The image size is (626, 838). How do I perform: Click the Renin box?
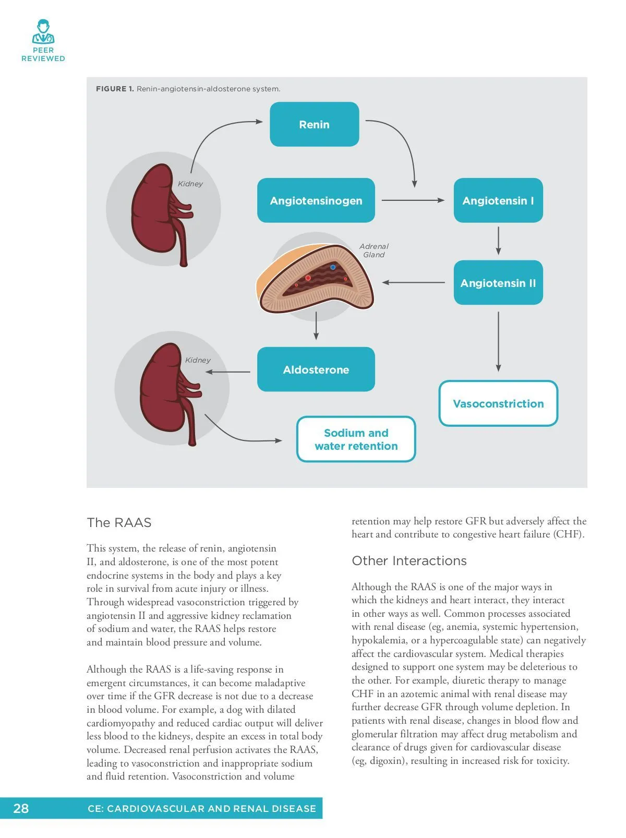click(x=314, y=124)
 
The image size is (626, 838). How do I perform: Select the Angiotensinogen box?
click(x=316, y=200)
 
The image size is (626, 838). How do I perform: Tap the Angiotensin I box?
click(x=498, y=200)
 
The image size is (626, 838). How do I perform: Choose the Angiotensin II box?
click(x=498, y=283)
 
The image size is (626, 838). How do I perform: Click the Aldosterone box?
click(x=316, y=369)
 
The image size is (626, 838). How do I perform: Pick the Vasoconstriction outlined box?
click(x=498, y=403)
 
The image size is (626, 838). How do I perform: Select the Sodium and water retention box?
click(x=356, y=439)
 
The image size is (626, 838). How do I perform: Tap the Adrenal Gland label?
click(x=374, y=250)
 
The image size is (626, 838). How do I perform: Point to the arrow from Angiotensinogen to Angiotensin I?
click(x=413, y=200)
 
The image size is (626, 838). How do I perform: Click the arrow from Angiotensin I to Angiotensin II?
click(x=498, y=241)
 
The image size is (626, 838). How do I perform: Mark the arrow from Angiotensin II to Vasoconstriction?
click(x=498, y=341)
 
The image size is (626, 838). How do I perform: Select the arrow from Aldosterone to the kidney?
click(x=228, y=372)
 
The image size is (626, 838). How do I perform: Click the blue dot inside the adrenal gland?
click(x=333, y=267)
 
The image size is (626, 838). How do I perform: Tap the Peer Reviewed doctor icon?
click(x=43, y=32)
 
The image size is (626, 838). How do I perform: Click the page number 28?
click(x=21, y=808)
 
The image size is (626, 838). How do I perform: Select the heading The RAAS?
click(x=119, y=522)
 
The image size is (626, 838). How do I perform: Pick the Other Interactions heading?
click(x=409, y=560)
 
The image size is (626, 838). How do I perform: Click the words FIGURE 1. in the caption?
click(x=115, y=89)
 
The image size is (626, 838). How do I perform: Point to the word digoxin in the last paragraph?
click(x=387, y=761)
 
